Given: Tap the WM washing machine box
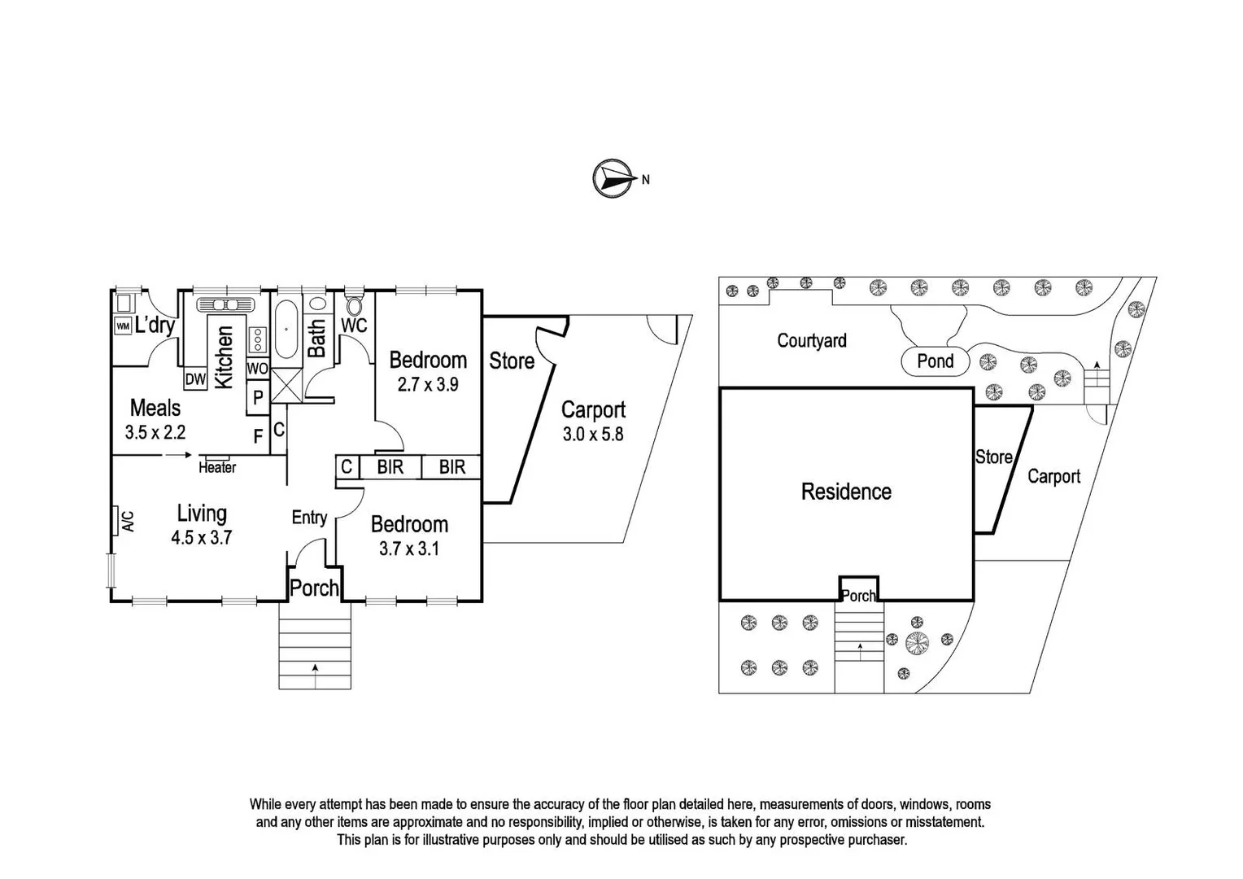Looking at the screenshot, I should [123, 326].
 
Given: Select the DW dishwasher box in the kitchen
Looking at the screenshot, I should [195, 379].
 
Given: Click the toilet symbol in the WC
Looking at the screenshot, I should [355, 306].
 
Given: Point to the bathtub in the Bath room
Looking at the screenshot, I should [286, 331].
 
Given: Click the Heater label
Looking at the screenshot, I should [217, 467].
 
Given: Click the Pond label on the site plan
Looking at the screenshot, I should [936, 361].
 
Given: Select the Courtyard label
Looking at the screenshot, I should [811, 341].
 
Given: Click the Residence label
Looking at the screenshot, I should [846, 492].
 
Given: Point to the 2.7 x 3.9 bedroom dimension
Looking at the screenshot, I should [428, 385].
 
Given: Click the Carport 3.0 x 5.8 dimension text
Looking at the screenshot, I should [593, 435].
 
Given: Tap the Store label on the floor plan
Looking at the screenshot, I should [512, 361].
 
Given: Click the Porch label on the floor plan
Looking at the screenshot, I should [314, 588].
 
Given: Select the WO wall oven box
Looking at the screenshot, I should [257, 369].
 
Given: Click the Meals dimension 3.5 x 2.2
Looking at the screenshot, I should [155, 432].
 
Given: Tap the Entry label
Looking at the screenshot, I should [309, 518].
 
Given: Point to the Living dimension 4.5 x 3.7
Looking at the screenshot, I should [202, 537].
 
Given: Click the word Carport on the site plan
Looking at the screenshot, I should [1053, 477].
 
